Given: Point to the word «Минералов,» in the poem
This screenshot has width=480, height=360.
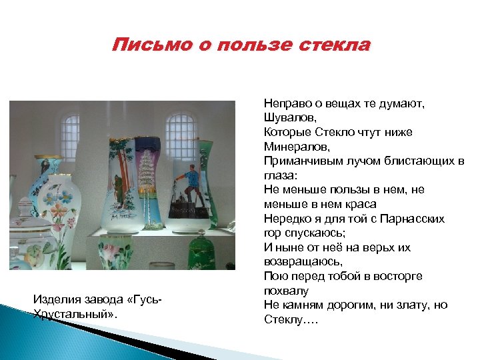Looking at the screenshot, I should pyautogui.click(x=292, y=146).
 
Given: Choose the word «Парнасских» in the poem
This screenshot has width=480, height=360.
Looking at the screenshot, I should pyautogui.click(x=420, y=219).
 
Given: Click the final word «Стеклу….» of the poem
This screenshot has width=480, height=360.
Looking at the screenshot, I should pyautogui.click(x=291, y=320).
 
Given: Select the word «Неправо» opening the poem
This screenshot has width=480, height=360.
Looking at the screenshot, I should pyautogui.click(x=285, y=103).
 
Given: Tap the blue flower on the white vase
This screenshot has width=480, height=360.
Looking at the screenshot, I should pyautogui.click(x=66, y=198).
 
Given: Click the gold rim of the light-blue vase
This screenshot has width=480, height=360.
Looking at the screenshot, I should pyautogui.click(x=49, y=161).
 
